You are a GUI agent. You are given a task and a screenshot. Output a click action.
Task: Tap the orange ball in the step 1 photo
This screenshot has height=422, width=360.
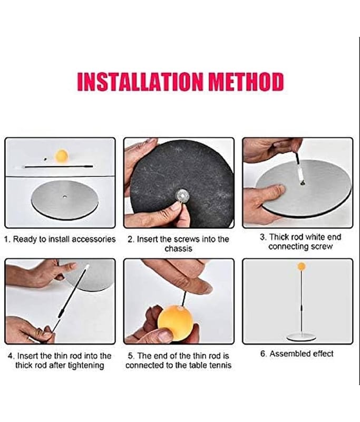coord(61,156)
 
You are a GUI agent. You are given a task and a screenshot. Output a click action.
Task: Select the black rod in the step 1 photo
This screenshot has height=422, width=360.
coord(59,167)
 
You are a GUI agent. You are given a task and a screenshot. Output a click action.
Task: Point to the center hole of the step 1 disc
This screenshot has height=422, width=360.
coord(64,197)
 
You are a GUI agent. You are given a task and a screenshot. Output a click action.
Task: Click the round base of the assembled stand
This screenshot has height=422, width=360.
coord(301,337)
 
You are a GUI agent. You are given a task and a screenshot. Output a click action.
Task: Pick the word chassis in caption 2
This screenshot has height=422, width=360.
coord(179,248)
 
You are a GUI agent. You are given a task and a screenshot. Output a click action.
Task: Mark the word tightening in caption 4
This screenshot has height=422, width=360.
coord(86,366)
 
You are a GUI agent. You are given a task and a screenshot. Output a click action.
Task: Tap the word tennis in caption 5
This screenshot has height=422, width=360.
coord(220,365)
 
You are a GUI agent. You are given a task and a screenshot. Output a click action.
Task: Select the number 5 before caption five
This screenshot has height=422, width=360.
coord(130,356)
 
